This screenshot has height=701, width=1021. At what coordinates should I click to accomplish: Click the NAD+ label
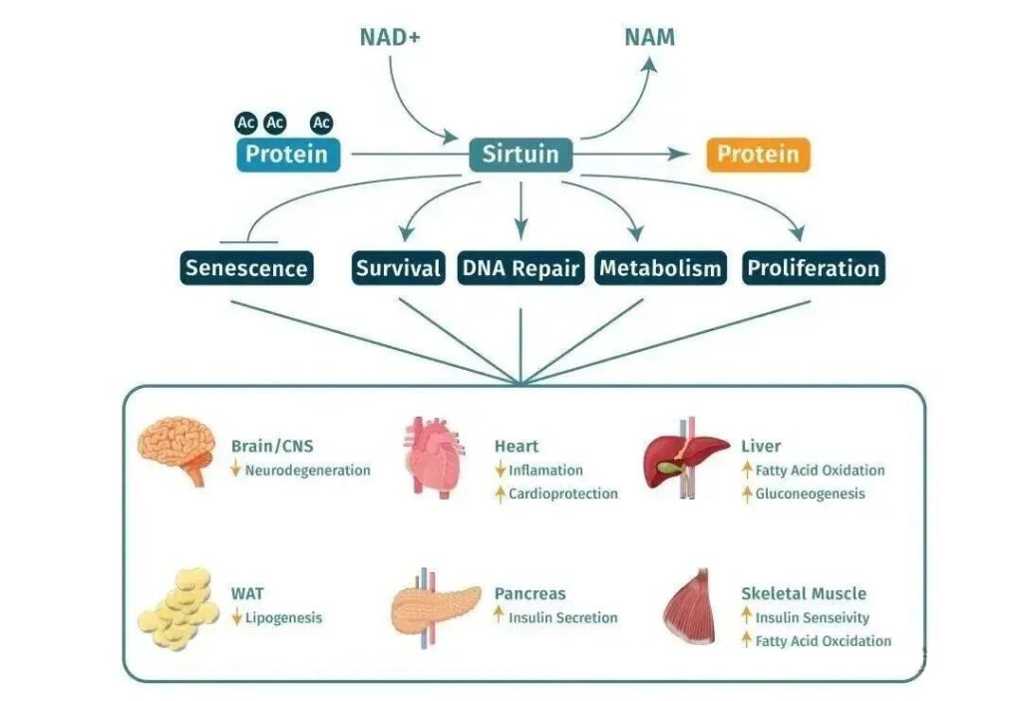point(390,38)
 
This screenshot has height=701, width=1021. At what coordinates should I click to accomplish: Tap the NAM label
point(649,38)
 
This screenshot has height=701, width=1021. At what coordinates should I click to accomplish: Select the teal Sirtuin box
point(520,155)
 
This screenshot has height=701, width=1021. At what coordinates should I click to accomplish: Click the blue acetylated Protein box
point(287,155)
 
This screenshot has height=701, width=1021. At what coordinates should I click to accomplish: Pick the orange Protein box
point(758,155)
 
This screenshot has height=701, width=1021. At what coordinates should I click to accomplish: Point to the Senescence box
point(246,268)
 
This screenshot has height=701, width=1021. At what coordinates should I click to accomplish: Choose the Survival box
point(399,268)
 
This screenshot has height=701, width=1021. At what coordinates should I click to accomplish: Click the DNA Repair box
point(520,268)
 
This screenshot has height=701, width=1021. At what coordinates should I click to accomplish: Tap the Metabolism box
point(660,268)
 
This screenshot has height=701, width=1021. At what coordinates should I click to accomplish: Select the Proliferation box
point(814,268)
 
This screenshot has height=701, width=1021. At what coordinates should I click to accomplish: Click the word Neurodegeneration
point(308,470)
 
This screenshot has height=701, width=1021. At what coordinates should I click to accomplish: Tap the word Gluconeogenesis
point(810,494)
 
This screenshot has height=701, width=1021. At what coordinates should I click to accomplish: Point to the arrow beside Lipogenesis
point(236,617)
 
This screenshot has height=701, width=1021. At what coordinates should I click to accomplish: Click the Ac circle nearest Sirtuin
point(321,123)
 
